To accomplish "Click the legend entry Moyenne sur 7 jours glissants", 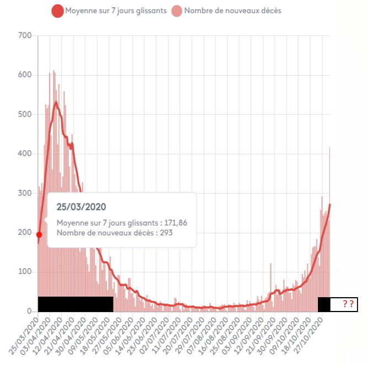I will pos(115,10).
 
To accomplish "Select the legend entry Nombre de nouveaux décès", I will pos(232,10).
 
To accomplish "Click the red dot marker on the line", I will pos(39,234).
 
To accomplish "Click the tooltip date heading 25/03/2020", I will pos(82,207).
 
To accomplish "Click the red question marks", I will pos(348,304).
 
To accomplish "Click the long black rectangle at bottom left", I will pos(75,304).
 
